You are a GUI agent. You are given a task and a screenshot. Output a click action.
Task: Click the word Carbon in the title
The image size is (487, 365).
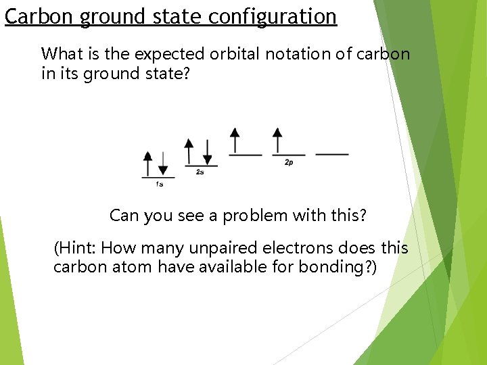[x=39, y=16]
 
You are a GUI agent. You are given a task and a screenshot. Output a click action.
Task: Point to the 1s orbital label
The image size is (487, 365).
[x=159, y=184]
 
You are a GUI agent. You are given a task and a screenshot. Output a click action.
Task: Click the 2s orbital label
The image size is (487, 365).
[x=200, y=172]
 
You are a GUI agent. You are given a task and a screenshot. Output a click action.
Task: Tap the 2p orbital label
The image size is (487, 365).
[x=289, y=163]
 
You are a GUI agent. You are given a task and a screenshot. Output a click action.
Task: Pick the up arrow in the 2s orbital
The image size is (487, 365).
[x=189, y=151]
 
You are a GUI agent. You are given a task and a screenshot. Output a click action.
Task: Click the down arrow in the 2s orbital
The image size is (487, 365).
[x=208, y=151]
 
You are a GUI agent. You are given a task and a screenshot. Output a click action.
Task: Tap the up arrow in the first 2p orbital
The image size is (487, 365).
[x=235, y=140]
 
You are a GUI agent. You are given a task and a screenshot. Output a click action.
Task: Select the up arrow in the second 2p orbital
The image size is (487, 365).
[x=277, y=140]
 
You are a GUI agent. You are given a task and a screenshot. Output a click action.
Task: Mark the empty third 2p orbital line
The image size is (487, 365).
[x=332, y=154]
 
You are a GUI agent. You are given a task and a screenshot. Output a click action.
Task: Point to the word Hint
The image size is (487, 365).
[x=76, y=248]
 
